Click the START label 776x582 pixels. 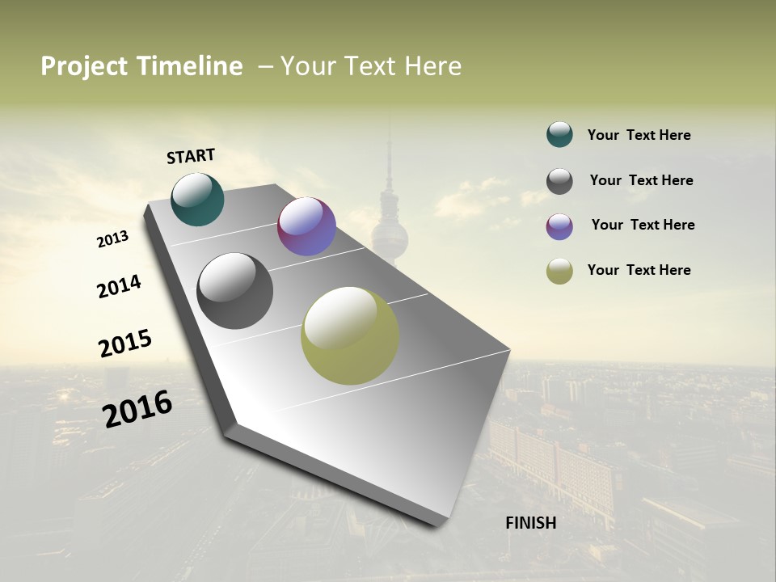point(191,156)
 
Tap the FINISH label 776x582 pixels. point(531,523)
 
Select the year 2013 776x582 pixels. point(112,239)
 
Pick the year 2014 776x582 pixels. point(119,286)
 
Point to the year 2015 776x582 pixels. point(125,343)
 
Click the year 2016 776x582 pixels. point(137,408)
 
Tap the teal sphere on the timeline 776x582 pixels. point(197,199)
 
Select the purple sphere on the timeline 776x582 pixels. point(306,226)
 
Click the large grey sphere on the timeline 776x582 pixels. point(235,291)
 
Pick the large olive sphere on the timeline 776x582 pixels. point(350,335)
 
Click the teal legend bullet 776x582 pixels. point(559,134)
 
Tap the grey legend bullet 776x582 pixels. point(559,181)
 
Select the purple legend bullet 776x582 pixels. point(559,226)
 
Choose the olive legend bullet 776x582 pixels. point(559,271)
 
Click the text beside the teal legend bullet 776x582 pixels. point(639,135)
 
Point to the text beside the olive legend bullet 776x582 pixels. point(639,270)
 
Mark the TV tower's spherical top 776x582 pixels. point(390,236)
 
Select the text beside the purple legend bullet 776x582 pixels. point(643,225)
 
